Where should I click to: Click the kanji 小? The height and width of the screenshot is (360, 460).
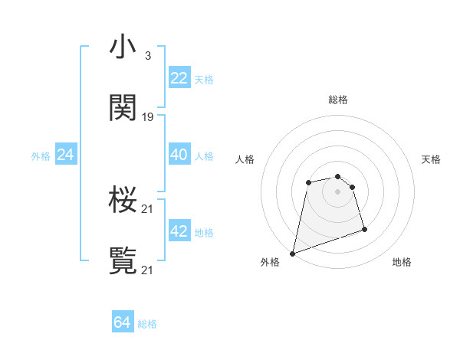(x=123, y=47)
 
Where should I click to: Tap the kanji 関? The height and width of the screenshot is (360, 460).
(x=123, y=108)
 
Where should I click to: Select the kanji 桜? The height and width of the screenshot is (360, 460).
(x=123, y=200)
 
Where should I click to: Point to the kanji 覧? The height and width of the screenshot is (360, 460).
(x=123, y=260)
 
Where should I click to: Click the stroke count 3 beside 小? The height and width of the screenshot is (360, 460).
(x=147, y=56)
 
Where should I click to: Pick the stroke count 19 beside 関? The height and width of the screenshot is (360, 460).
(x=148, y=117)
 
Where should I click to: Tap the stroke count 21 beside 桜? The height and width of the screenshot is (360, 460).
(x=148, y=209)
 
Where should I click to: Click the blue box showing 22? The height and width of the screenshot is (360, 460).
(x=179, y=78)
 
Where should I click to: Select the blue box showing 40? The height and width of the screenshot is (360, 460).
(x=179, y=155)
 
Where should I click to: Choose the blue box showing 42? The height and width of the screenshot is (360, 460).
(x=179, y=231)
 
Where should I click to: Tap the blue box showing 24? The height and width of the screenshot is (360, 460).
(x=65, y=155)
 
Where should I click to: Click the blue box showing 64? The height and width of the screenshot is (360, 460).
(x=122, y=322)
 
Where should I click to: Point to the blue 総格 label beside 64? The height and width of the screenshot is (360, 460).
(x=147, y=324)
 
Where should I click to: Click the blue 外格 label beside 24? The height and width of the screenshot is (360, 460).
(x=41, y=156)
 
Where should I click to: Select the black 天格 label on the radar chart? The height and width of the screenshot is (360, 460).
(x=431, y=159)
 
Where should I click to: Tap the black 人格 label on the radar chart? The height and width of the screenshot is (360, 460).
(x=245, y=159)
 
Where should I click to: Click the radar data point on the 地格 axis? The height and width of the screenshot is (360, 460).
(x=364, y=229)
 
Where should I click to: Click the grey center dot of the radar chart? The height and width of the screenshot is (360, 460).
(x=337, y=191)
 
